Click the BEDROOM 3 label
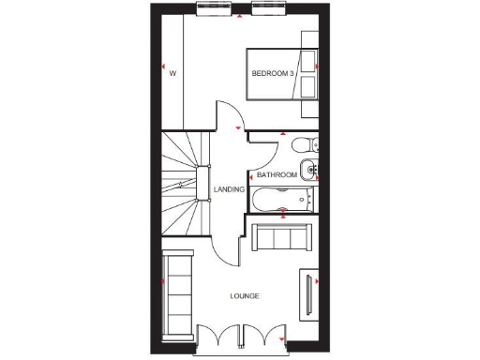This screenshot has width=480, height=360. click(273, 72)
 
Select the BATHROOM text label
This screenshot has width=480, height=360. click(277, 175)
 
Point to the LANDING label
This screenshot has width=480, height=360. click(230, 189)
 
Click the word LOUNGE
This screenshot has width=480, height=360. click(245, 296)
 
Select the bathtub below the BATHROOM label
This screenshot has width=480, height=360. click(282, 199)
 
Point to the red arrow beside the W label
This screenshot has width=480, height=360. click(163, 69)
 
